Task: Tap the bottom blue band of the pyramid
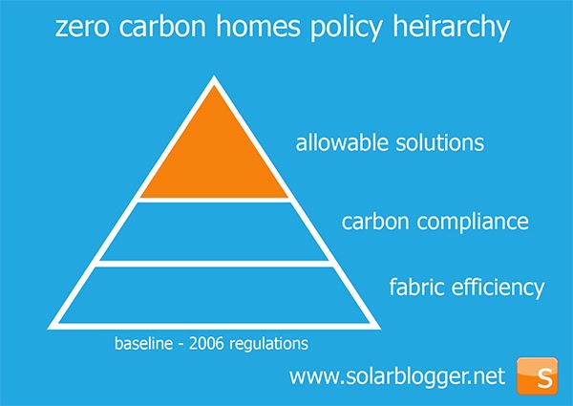(x=214, y=292)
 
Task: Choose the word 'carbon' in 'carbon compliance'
(x=372, y=223)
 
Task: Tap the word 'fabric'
(x=415, y=287)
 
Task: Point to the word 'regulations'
(x=283, y=342)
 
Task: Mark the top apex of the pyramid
(x=214, y=81)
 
